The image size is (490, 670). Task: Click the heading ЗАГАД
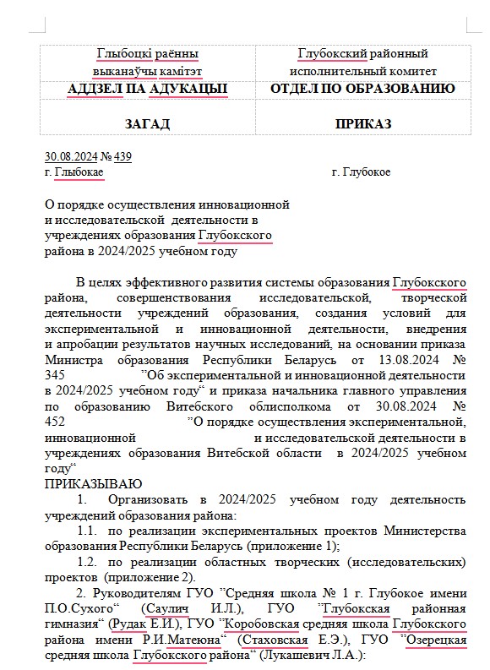coord(147,124)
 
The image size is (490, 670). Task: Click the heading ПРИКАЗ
coord(363,124)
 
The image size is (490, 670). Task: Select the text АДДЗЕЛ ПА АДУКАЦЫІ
coord(147,89)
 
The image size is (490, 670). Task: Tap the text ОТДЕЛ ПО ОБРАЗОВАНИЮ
coord(363,89)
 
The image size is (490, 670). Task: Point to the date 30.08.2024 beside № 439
coord(71,156)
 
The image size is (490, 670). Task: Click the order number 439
coord(122,156)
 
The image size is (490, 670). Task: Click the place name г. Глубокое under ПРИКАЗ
coord(362,172)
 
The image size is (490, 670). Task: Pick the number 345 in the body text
coord(54,374)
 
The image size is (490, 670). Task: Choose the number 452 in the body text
coord(54,422)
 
